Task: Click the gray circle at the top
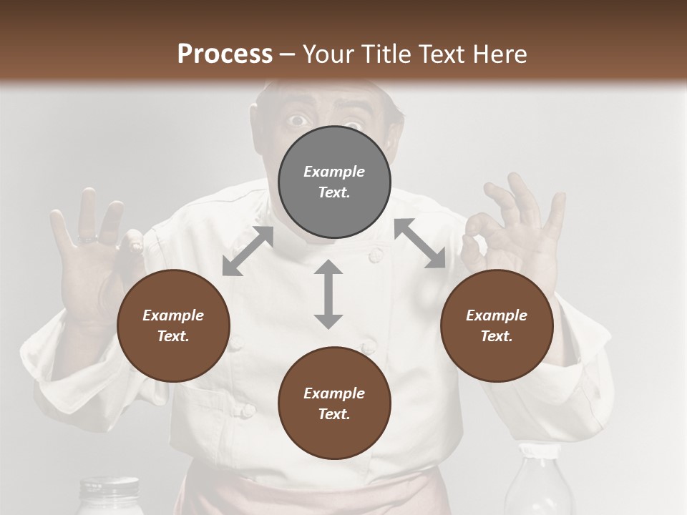click(334, 182)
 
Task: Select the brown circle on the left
click(173, 326)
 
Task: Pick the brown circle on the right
click(496, 326)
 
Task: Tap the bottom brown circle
click(334, 403)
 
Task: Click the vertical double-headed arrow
click(328, 294)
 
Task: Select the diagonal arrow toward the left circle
click(248, 251)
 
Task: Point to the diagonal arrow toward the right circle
click(420, 243)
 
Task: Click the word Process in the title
click(225, 54)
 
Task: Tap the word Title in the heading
click(388, 54)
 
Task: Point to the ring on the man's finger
click(87, 238)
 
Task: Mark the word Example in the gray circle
click(334, 172)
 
